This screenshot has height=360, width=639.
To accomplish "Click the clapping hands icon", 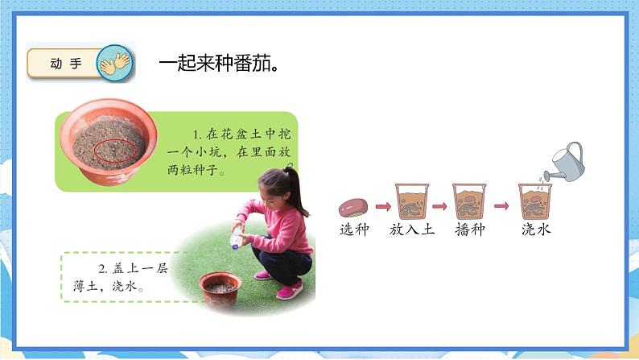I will (113, 64).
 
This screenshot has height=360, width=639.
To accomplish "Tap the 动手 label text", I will (66, 64).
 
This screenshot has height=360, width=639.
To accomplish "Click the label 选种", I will (352, 230).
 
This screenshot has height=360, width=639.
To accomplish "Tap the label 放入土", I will (410, 230).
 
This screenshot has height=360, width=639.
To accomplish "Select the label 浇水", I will (535, 230).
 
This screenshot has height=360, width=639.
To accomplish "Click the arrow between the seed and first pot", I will (380, 206).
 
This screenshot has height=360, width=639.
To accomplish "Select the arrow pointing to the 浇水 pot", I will (501, 206).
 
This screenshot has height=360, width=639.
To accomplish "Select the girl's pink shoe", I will (288, 291).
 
